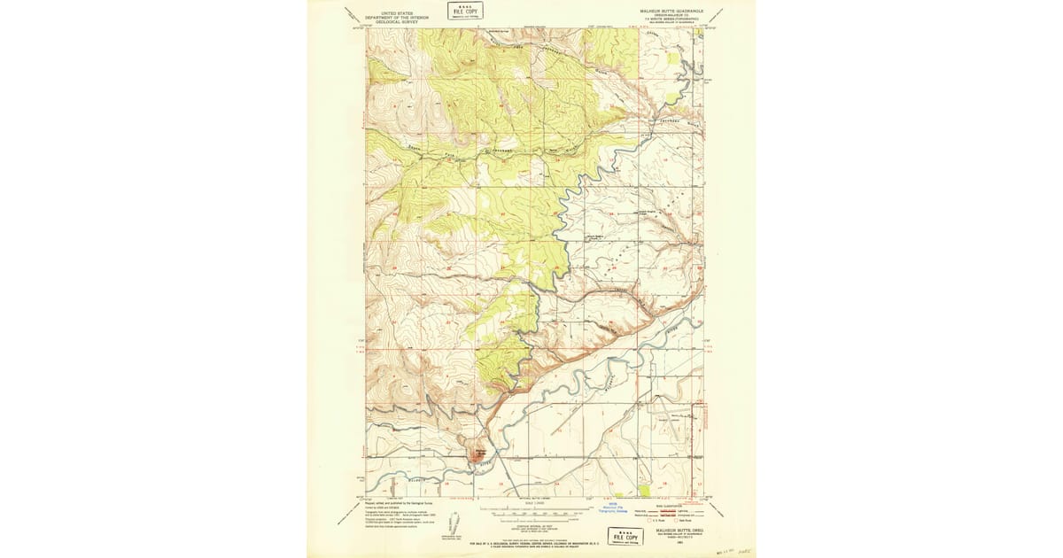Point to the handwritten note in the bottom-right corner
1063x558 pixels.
click(728, 549)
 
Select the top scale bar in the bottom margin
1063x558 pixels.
click(531, 511)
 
